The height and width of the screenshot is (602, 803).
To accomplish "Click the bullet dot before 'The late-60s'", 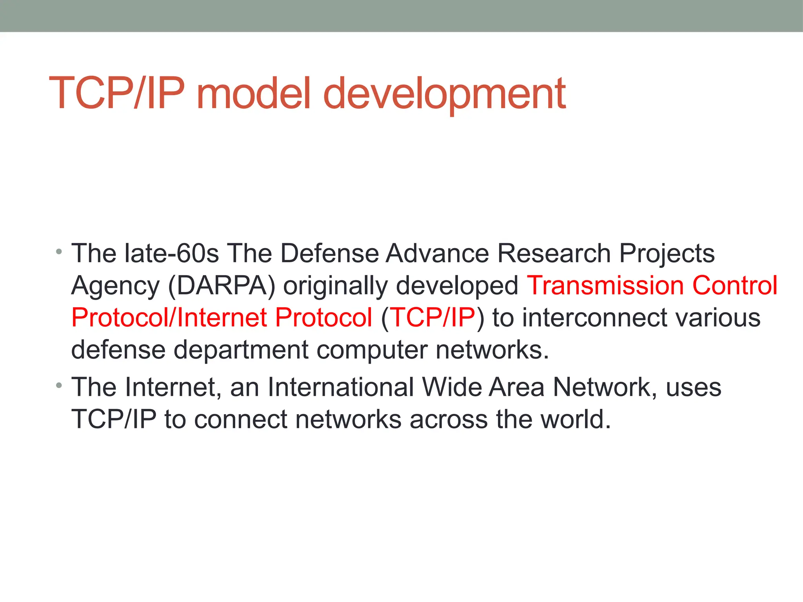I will [x=59, y=251].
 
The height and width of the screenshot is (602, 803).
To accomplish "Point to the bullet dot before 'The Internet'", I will [x=59, y=385].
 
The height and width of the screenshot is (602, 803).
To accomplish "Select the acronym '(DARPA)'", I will [x=222, y=285].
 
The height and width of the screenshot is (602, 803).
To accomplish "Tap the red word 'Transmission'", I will [x=605, y=285].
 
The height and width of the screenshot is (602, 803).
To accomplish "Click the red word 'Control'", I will [x=735, y=285].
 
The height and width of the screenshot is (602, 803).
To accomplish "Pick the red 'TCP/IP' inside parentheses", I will [x=433, y=317].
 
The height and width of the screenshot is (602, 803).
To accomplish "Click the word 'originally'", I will [x=335, y=286].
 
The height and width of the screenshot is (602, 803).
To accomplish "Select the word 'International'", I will [x=341, y=387].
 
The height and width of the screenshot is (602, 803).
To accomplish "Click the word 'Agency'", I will [x=115, y=286].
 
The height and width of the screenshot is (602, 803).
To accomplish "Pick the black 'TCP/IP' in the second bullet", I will [x=114, y=419].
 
